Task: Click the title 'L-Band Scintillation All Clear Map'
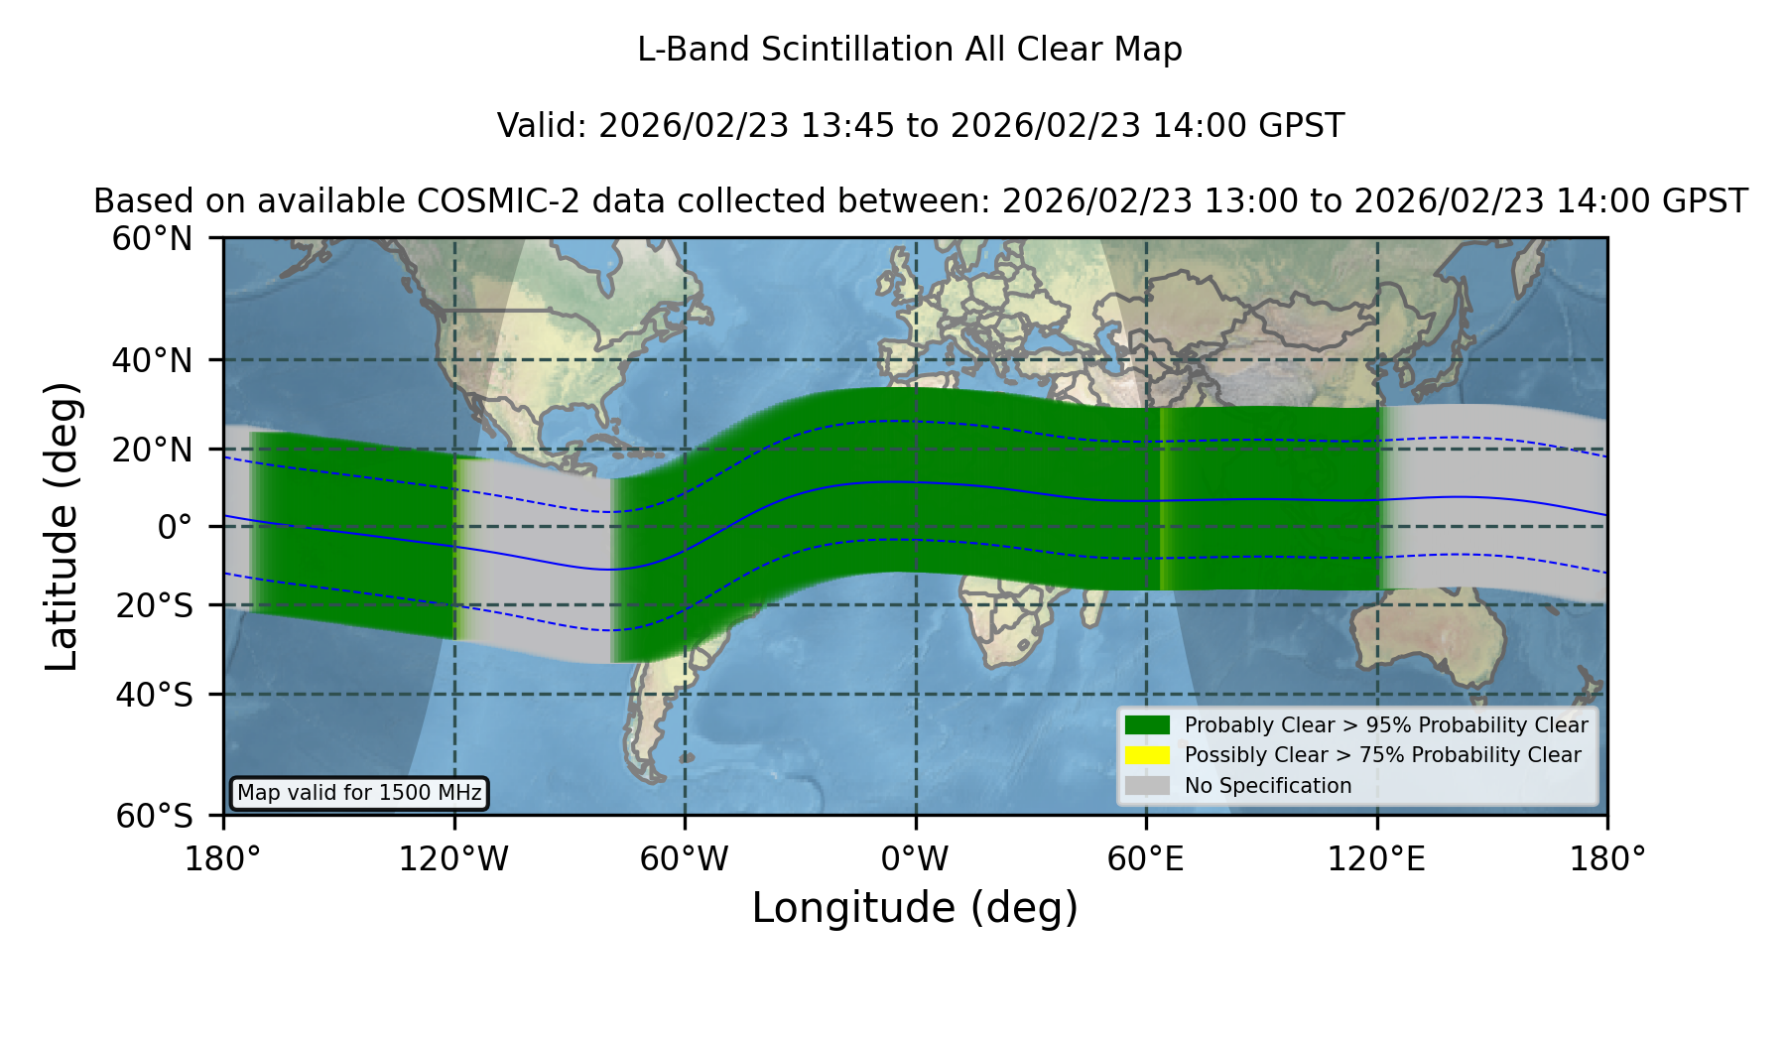(x=909, y=50)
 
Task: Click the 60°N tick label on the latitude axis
(x=152, y=239)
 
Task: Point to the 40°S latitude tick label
(x=154, y=695)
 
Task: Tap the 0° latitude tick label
(x=175, y=527)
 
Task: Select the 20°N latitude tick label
(x=152, y=450)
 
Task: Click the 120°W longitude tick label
(x=453, y=859)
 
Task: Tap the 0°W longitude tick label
(x=915, y=859)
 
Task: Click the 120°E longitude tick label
(x=1376, y=859)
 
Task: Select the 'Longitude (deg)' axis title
(x=915, y=908)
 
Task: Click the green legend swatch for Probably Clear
(x=1147, y=725)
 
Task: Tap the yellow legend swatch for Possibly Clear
(x=1147, y=755)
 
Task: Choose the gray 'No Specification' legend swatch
(x=1147, y=786)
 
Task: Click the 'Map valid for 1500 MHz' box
(x=359, y=793)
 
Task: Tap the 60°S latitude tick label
(x=154, y=816)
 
